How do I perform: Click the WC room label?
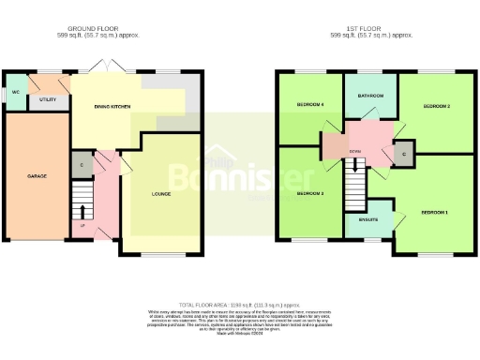tap(16, 93)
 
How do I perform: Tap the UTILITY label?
tap(47, 98)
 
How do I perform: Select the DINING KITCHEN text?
tap(112, 108)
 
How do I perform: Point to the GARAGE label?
tap(37, 176)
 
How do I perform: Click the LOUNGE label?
tap(161, 194)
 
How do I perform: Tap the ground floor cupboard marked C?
tap(82, 165)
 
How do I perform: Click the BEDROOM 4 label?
tap(310, 104)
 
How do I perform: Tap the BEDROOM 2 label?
tap(437, 107)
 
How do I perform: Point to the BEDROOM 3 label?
tap(310, 193)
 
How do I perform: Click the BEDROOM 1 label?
tap(433, 213)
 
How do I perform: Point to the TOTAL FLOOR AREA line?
tap(240, 306)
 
